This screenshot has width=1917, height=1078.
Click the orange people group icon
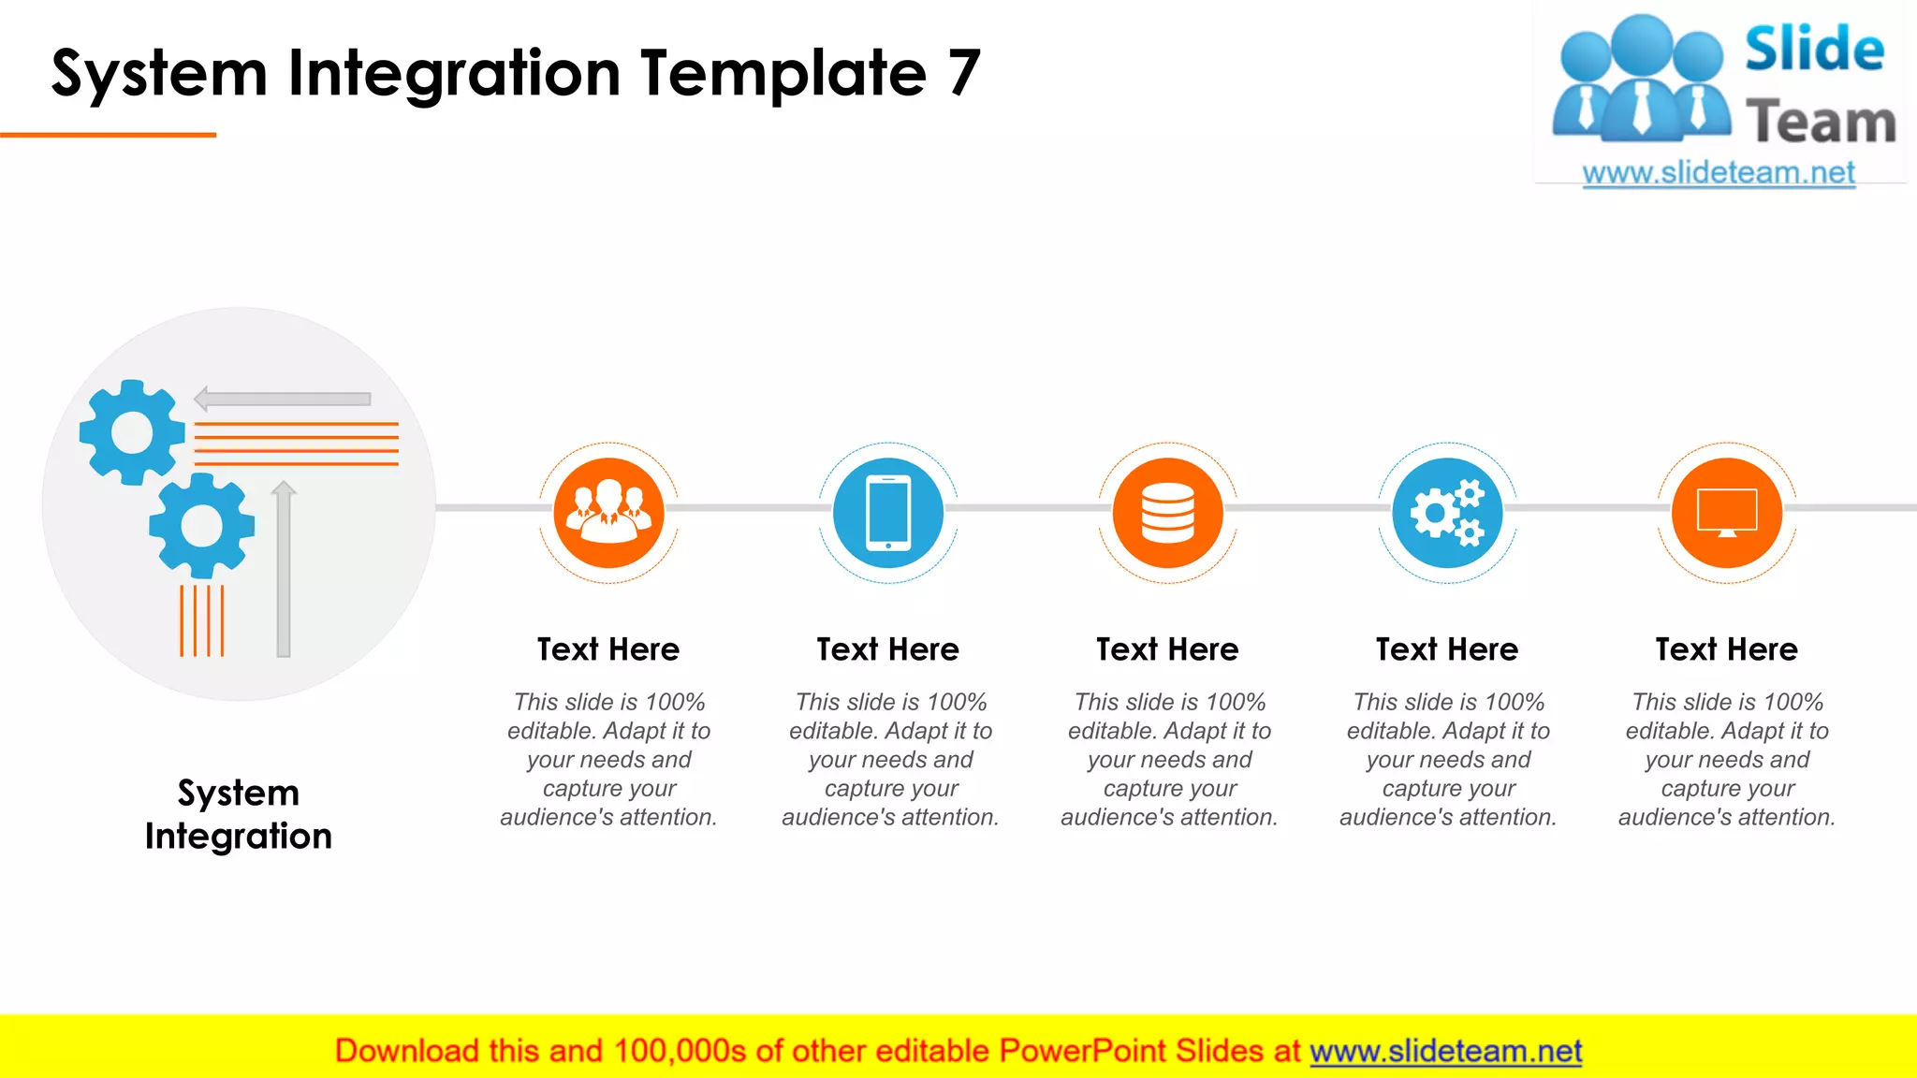[x=608, y=513]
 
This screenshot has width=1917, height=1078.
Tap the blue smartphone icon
[x=888, y=513]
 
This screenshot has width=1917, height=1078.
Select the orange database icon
[x=1167, y=513]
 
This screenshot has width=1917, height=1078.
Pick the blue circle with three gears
[x=1447, y=513]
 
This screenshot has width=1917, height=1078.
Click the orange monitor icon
[x=1727, y=513]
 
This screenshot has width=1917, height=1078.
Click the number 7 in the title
[x=963, y=73]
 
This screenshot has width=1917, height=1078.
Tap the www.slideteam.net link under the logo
[x=1719, y=173]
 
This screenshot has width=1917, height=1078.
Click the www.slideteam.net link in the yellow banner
[x=1445, y=1051]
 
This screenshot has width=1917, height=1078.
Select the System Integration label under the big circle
[x=239, y=814]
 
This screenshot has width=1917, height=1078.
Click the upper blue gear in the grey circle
[x=132, y=432]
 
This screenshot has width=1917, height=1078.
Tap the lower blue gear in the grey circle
[x=201, y=525]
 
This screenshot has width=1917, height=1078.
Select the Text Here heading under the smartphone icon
[x=887, y=649]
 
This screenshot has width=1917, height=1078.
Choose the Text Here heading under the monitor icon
[x=1726, y=649]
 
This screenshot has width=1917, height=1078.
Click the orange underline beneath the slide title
[x=108, y=135]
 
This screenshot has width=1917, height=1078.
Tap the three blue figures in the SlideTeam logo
[x=1641, y=80]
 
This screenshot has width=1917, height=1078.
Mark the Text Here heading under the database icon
[x=1167, y=649]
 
